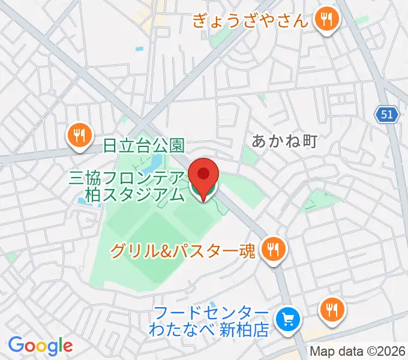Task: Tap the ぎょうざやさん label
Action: click(x=251, y=22)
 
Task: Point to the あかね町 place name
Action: click(x=283, y=141)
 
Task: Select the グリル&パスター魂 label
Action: click(x=184, y=250)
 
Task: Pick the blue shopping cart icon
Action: click(x=288, y=320)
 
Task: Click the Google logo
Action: click(x=40, y=345)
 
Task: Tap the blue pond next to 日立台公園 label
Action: click(x=155, y=162)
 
